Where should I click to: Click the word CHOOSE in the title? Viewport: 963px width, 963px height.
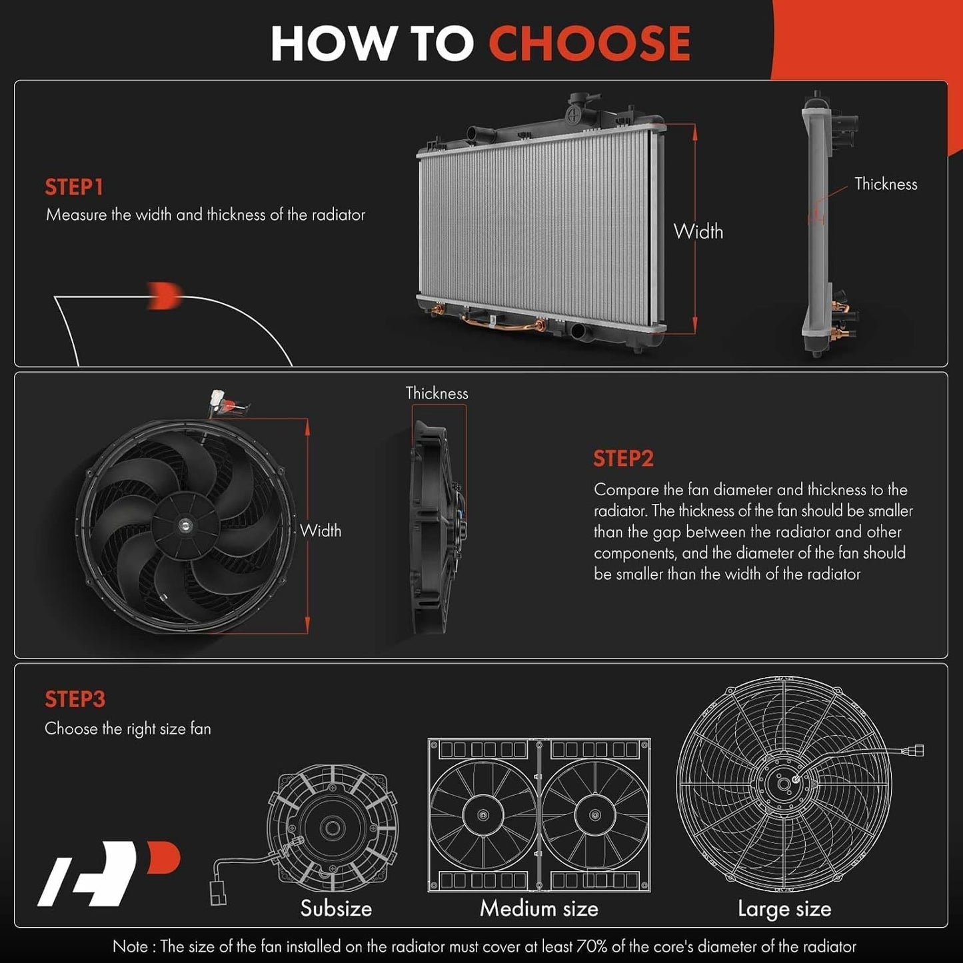click(x=589, y=44)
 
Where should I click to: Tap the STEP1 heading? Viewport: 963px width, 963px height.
click(x=74, y=187)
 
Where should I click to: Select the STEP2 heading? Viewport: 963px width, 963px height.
click(x=623, y=459)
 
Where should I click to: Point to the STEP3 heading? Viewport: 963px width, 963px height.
click(x=75, y=699)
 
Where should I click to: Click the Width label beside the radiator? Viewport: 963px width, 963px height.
click(x=698, y=232)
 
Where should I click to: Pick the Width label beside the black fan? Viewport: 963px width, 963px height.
click(x=321, y=530)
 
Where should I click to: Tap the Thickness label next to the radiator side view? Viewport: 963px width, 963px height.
click(x=886, y=184)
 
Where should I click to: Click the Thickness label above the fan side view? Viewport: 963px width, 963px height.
click(x=437, y=393)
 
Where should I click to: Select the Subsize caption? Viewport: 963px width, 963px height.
click(x=336, y=908)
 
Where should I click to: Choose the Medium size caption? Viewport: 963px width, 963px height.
click(x=539, y=908)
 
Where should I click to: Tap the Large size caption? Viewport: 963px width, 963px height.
click(x=784, y=909)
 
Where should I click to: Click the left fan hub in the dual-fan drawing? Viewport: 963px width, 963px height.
click(x=482, y=814)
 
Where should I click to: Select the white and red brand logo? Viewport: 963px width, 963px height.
click(x=109, y=874)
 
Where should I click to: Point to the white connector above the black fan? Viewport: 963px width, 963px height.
click(x=217, y=399)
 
